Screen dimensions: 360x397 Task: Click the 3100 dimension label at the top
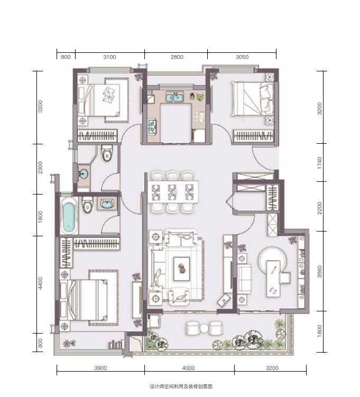109,57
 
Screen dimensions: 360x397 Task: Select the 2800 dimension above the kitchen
177,57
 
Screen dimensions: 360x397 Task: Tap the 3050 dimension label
242,57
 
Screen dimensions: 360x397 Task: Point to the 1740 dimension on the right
319,163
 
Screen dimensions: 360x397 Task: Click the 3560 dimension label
319,271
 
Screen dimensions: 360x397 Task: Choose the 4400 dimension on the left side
40,283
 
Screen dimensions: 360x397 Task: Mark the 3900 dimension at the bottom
100,368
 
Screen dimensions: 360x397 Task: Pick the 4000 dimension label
188,368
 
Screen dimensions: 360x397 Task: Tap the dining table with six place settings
173,192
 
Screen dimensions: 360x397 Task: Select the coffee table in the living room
181,269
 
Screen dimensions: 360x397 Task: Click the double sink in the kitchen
175,97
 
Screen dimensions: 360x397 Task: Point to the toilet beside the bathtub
87,205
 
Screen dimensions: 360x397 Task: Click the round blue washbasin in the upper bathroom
83,174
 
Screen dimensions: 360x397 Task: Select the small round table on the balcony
204,328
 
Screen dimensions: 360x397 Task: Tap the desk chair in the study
285,278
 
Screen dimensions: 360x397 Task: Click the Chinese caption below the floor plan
181,386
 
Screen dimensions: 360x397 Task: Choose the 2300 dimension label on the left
40,168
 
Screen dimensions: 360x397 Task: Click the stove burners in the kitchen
152,126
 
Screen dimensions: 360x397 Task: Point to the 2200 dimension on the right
319,208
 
